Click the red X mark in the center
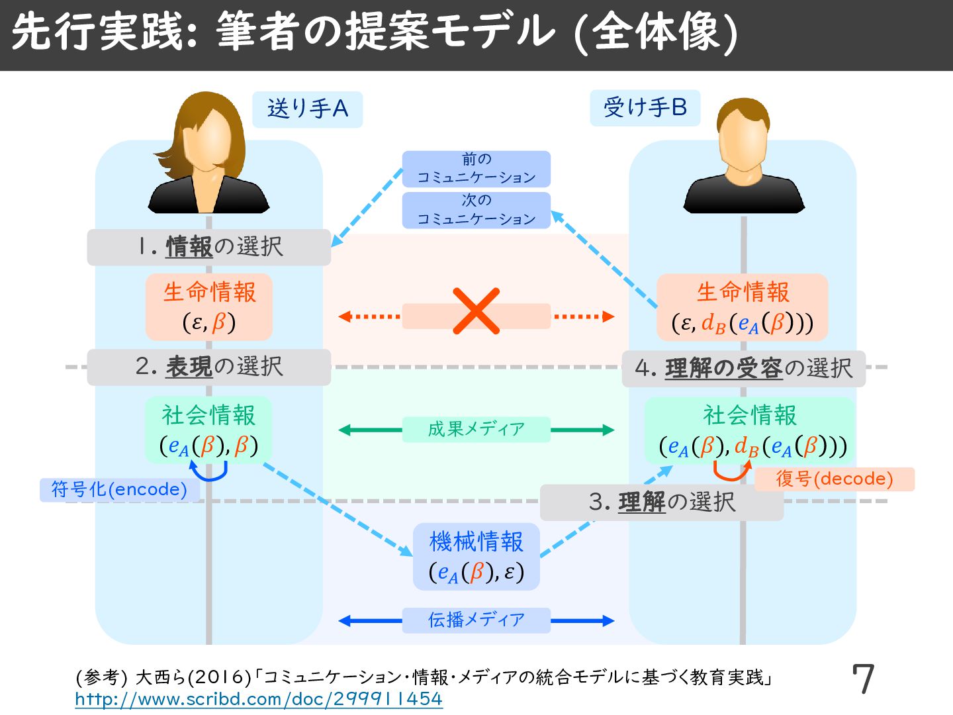[476, 311]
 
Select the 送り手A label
[308, 109]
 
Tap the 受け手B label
[645, 108]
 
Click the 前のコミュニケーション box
[476, 169]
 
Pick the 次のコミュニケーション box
[476, 210]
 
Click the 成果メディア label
[476, 430]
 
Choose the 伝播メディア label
[476, 620]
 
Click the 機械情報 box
[476, 557]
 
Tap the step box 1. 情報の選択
[209, 247]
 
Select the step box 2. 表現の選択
[209, 367]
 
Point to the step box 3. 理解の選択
[662, 502]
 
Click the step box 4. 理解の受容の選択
[744, 369]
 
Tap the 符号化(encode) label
[119, 490]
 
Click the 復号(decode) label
[835, 479]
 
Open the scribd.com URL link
[259, 699]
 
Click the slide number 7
[863, 679]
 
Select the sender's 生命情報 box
[209, 307]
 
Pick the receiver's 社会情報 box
[750, 430]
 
